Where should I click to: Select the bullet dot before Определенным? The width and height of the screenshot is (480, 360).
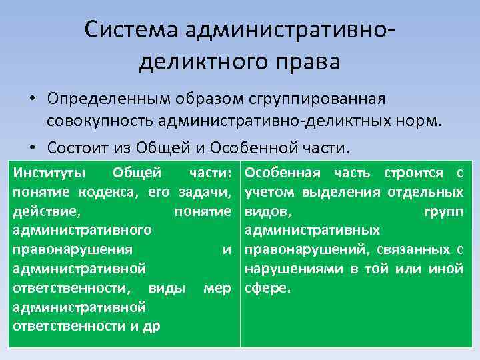[32, 99]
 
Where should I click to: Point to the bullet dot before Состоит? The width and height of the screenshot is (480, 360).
[32, 146]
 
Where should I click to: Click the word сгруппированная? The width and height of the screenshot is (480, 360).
[327, 99]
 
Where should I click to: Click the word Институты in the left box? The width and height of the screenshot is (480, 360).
[49, 173]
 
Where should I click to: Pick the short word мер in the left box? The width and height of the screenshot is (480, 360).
[217, 289]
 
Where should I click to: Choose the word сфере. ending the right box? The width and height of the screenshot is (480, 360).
[269, 289]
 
